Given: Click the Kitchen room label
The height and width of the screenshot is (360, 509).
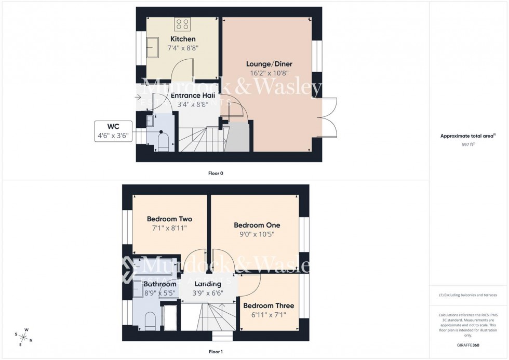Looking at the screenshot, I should (x=183, y=39).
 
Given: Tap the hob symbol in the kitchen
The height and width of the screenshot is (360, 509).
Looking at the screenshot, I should (x=182, y=23).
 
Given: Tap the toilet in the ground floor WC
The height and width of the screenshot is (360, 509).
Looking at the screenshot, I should (x=163, y=141).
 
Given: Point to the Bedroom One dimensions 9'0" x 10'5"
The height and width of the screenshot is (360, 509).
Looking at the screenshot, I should (x=257, y=234).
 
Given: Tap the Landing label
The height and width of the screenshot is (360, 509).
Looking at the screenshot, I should (x=208, y=284).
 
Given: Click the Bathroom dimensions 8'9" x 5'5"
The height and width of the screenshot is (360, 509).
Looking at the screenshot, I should (x=160, y=293).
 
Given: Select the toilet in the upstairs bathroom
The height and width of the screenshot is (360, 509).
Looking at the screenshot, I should (x=150, y=320).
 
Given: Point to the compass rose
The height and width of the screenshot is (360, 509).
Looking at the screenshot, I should (x=23, y=336).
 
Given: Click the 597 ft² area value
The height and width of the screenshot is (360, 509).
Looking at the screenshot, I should (x=468, y=144).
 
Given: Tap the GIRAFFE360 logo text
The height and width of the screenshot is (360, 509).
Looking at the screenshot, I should (x=468, y=344).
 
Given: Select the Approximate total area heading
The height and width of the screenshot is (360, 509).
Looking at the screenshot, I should (x=468, y=136).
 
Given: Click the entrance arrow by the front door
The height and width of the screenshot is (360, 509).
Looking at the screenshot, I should (x=138, y=97).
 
